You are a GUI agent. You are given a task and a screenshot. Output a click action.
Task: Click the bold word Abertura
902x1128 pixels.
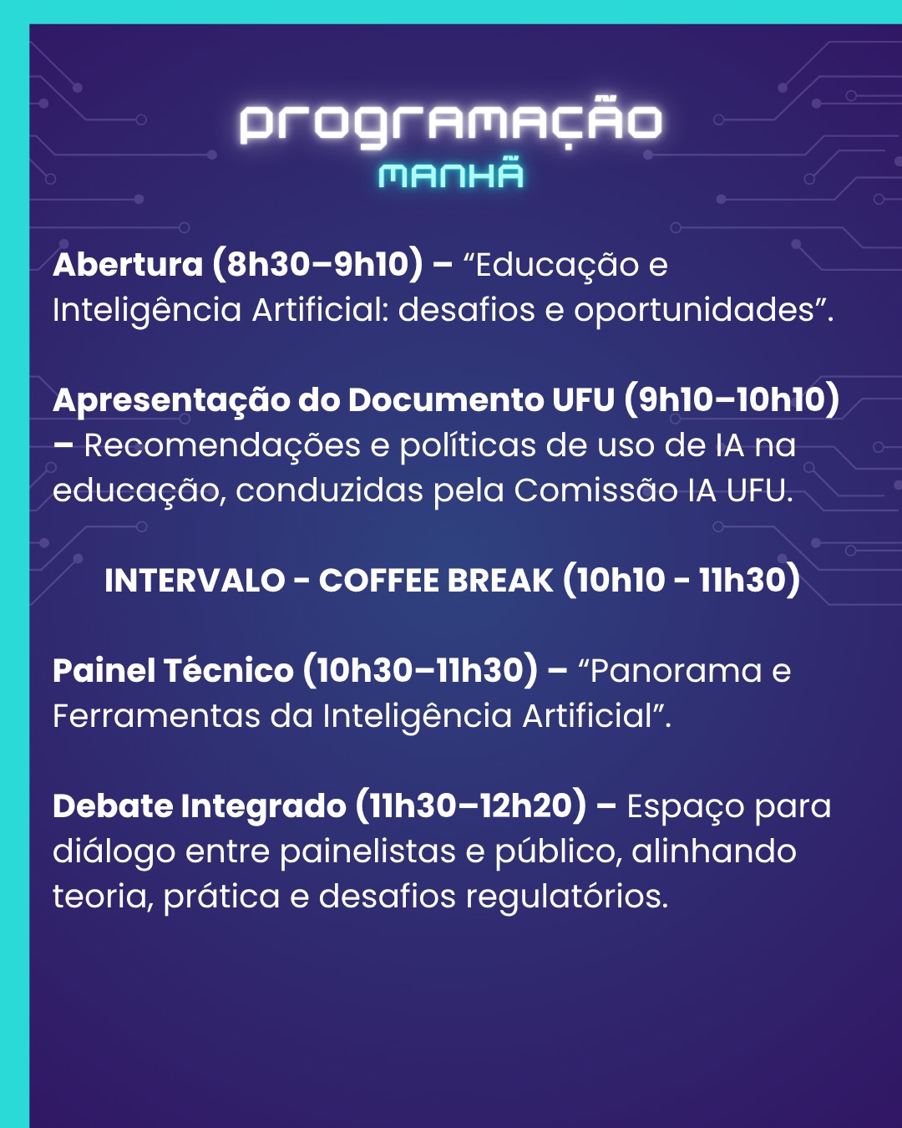[128, 264]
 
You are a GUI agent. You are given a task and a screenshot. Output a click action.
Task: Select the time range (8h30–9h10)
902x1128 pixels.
[317, 264]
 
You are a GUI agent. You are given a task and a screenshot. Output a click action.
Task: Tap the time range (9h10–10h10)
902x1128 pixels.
[732, 400]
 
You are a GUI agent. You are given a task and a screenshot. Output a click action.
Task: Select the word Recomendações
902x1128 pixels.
[222, 446]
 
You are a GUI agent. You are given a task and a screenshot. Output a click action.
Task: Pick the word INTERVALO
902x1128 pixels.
[195, 581]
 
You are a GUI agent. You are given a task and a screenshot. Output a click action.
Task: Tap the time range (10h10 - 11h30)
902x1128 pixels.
[682, 580]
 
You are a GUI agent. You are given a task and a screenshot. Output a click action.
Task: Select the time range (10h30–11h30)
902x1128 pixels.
[420, 671]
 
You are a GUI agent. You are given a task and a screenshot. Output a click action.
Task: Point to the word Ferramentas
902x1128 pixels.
[156, 716]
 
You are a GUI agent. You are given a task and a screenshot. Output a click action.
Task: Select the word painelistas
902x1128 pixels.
[367, 851]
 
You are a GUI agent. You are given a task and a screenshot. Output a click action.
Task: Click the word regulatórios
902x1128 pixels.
[567, 897]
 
